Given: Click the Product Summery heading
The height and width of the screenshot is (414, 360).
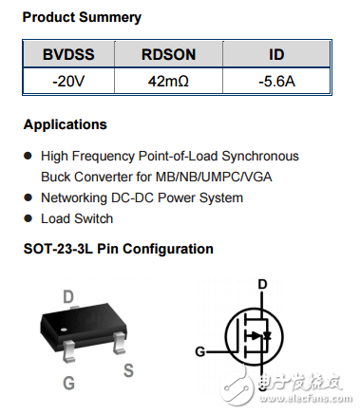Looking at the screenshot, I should [x=82, y=17].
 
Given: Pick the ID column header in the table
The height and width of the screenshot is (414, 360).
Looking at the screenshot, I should [x=277, y=55].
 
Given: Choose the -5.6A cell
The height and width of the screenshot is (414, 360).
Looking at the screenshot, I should [x=277, y=82].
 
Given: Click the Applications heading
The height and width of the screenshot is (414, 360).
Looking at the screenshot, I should [x=66, y=124].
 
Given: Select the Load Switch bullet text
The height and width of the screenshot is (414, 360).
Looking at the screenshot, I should [x=76, y=218].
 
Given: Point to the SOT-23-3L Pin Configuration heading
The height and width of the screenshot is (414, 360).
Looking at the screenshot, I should [x=118, y=249].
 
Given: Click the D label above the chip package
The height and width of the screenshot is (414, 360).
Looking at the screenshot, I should [x=68, y=297].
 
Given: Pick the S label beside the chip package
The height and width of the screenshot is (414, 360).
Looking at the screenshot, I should [x=128, y=371].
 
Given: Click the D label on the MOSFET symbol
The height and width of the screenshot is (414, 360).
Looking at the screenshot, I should [x=263, y=284].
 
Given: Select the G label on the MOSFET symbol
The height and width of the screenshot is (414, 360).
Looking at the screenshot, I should [x=200, y=351].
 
